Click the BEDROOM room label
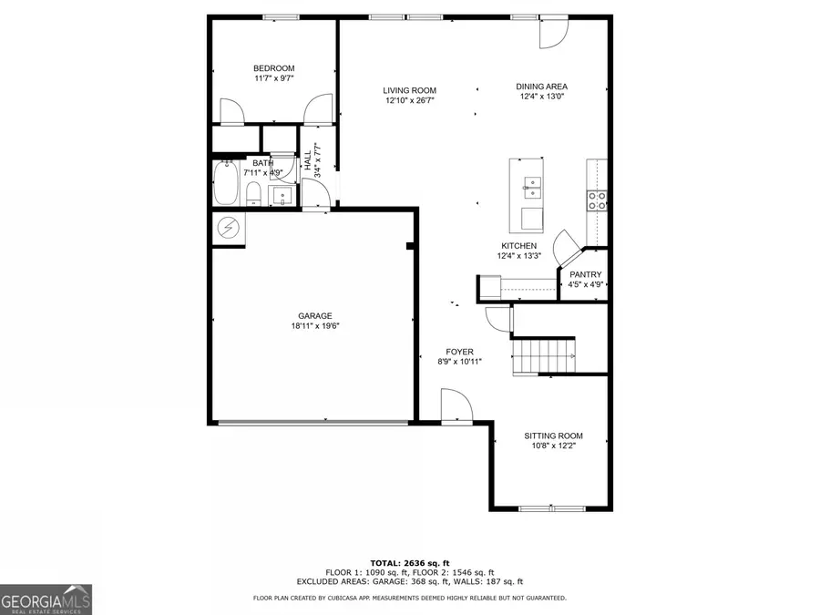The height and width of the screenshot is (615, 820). [273, 68]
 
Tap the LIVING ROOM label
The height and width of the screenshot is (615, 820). [409, 90]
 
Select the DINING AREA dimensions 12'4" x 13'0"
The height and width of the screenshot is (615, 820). [542, 97]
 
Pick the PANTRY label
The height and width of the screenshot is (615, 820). [585, 274]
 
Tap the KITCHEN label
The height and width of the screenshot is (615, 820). [518, 246]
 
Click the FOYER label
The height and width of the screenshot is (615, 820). [459, 352]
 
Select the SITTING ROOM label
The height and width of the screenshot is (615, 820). [553, 436]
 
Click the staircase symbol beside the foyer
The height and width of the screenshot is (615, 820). [543, 354]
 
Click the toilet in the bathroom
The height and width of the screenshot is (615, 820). [254, 193]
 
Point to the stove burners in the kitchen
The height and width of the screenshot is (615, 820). [598, 200]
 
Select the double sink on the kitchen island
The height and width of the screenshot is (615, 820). [530, 190]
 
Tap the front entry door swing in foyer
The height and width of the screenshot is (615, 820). [455, 405]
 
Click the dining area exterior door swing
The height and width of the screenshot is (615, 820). [553, 34]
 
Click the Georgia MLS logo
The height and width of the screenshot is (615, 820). [46, 600]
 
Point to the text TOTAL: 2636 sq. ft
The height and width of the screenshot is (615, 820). [409, 562]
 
